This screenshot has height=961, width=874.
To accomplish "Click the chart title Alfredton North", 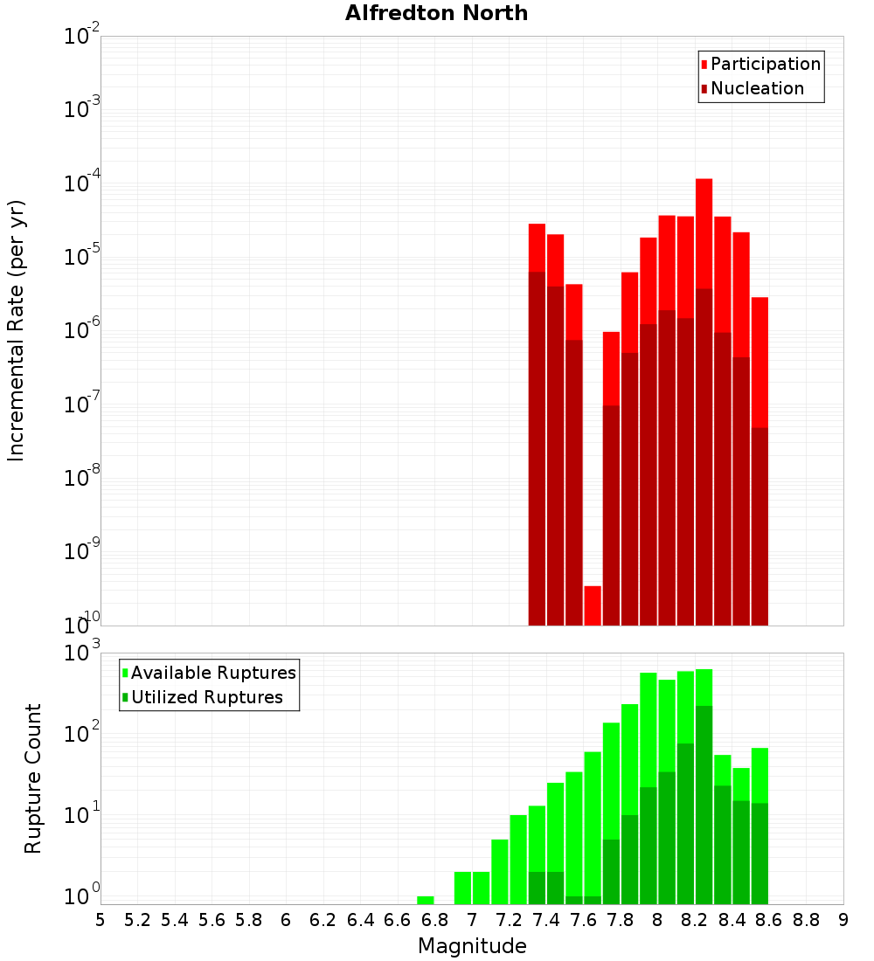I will tap(436, 13).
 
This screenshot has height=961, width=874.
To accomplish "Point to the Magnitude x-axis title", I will tap(472, 946).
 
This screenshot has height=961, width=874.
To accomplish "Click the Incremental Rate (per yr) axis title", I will tap(17, 330).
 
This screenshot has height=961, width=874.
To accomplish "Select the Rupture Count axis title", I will tap(33, 778).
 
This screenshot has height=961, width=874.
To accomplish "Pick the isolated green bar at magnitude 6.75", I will tap(426, 900).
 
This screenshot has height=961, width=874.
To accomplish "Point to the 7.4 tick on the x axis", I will tap(546, 920).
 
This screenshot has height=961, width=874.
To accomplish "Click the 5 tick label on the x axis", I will tap(101, 920).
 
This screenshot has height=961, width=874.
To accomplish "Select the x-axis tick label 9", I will tap(843, 920).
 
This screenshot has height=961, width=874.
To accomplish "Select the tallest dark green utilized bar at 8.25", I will tap(704, 804).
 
